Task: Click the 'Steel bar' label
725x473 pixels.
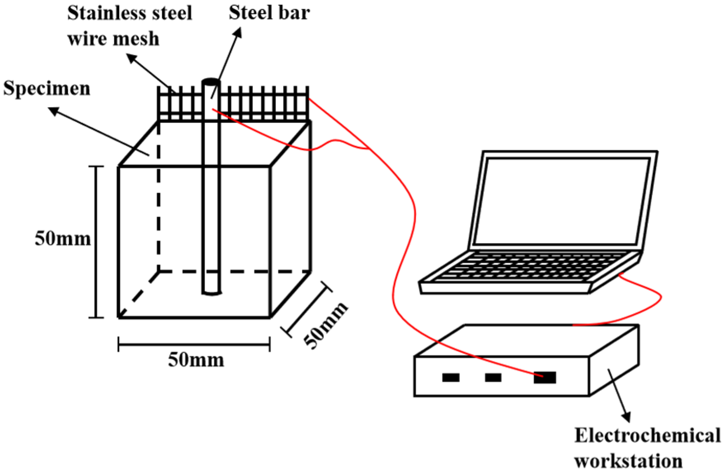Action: [x=269, y=12]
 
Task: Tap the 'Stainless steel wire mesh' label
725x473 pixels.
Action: [x=129, y=26]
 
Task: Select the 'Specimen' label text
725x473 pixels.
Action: [x=47, y=89]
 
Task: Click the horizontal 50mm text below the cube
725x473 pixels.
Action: [x=196, y=360]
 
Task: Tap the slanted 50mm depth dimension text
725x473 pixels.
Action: [x=326, y=325]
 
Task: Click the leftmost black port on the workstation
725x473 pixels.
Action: [x=450, y=377]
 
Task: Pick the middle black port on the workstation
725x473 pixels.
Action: [x=493, y=377]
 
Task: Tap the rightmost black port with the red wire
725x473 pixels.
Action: [x=544, y=377]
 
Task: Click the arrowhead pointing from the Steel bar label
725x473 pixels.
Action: [x=238, y=33]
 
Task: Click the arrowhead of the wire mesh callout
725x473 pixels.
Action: [x=131, y=58]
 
